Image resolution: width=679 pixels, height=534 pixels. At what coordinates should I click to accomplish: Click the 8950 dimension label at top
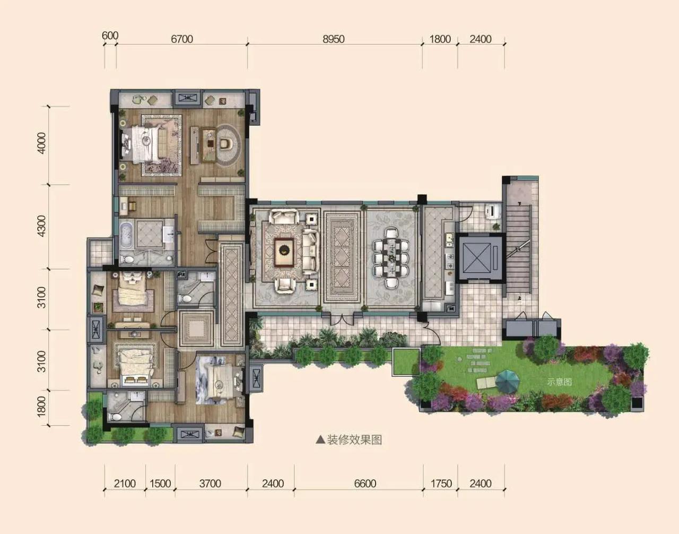(x=334, y=39)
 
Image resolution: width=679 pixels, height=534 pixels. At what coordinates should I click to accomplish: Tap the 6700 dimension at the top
(x=182, y=39)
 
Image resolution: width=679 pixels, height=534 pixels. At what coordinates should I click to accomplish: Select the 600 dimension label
(x=110, y=36)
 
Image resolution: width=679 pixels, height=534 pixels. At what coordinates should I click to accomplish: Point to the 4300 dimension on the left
(x=41, y=226)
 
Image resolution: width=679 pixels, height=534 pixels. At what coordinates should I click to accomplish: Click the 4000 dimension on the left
(x=41, y=143)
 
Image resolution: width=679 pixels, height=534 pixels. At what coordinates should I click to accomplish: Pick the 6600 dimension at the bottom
(x=365, y=484)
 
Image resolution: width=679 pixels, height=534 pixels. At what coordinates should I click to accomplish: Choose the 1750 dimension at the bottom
(x=441, y=484)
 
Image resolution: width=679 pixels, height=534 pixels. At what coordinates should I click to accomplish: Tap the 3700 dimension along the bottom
(x=210, y=484)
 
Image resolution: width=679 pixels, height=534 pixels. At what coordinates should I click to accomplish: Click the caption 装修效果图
(x=354, y=440)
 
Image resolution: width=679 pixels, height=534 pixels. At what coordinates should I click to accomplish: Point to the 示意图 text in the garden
(x=559, y=382)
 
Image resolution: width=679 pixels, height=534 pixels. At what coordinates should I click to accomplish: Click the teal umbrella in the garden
(x=508, y=382)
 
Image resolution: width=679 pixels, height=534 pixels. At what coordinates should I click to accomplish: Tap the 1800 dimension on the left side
(x=41, y=407)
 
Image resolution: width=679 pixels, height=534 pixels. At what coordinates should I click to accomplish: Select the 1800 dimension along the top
(x=440, y=39)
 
